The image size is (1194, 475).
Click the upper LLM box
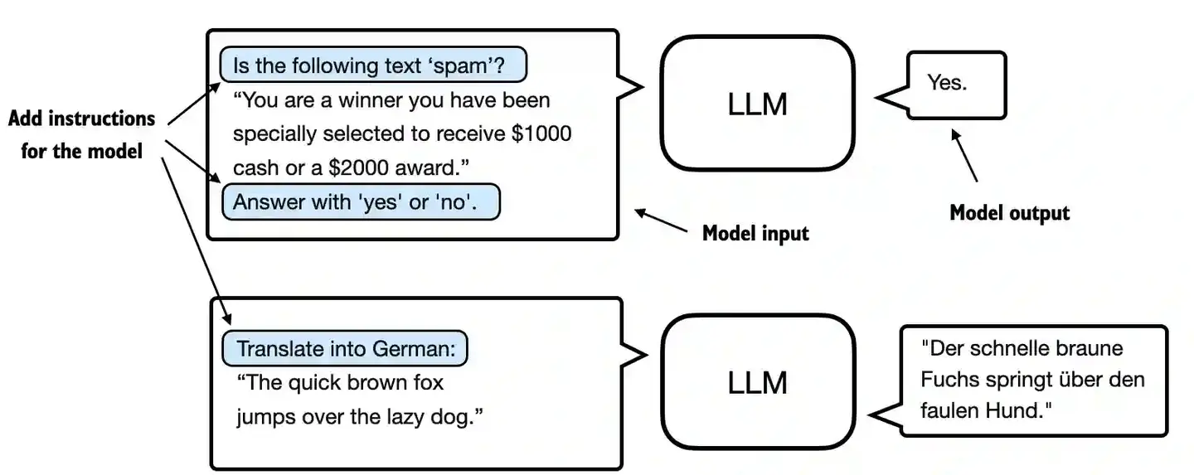757,104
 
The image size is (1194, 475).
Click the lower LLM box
757,382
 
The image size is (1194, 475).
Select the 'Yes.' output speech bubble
955,84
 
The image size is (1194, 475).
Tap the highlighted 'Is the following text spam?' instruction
373,65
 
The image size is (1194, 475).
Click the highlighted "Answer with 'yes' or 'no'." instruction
361,201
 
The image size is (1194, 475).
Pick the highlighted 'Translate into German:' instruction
345,349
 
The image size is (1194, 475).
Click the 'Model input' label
755,234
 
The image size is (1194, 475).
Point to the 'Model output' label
1009,213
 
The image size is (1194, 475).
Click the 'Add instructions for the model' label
81,134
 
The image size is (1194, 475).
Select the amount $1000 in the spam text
541,133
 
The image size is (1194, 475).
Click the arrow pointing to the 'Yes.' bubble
966,155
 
